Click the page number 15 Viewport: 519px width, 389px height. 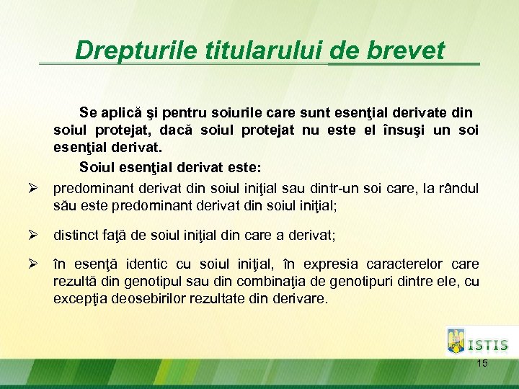click(482, 364)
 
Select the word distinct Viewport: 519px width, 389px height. click(76, 235)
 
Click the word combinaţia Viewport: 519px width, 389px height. click(249, 281)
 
